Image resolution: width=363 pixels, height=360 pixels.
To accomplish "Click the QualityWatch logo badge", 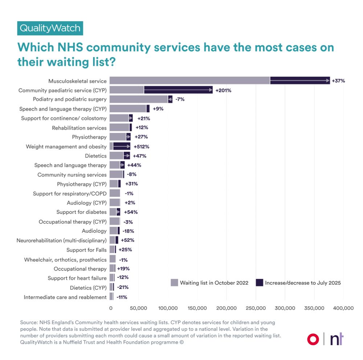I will pos(50,28).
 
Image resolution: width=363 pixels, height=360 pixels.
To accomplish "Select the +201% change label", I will pos(223,90).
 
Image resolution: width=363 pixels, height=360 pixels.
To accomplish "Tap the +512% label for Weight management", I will pos(141,146).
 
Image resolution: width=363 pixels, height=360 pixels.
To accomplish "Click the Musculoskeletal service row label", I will pos(78,81).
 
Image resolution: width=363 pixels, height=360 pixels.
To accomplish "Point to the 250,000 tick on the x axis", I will pos(256,308).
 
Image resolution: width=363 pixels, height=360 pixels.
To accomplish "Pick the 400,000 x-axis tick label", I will pos(343,308).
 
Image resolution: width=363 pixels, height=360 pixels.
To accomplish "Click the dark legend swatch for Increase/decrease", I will pos(259,283).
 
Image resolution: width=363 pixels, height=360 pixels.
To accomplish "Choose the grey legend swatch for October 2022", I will pos(174,283).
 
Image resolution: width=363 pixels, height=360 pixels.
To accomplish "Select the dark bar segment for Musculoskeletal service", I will pos(300,80).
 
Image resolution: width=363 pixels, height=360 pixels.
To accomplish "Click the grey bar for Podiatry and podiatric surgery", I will pos(138,99).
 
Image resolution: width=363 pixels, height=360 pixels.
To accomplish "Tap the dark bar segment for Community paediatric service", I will pos(178,90).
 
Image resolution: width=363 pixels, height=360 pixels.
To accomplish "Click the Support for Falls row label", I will pos(86,250).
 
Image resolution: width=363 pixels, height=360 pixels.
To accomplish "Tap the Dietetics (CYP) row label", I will pos(88,288).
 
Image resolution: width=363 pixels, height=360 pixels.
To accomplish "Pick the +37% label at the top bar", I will pos(338,81).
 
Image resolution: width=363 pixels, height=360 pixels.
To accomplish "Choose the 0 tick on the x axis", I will pos(111,308).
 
